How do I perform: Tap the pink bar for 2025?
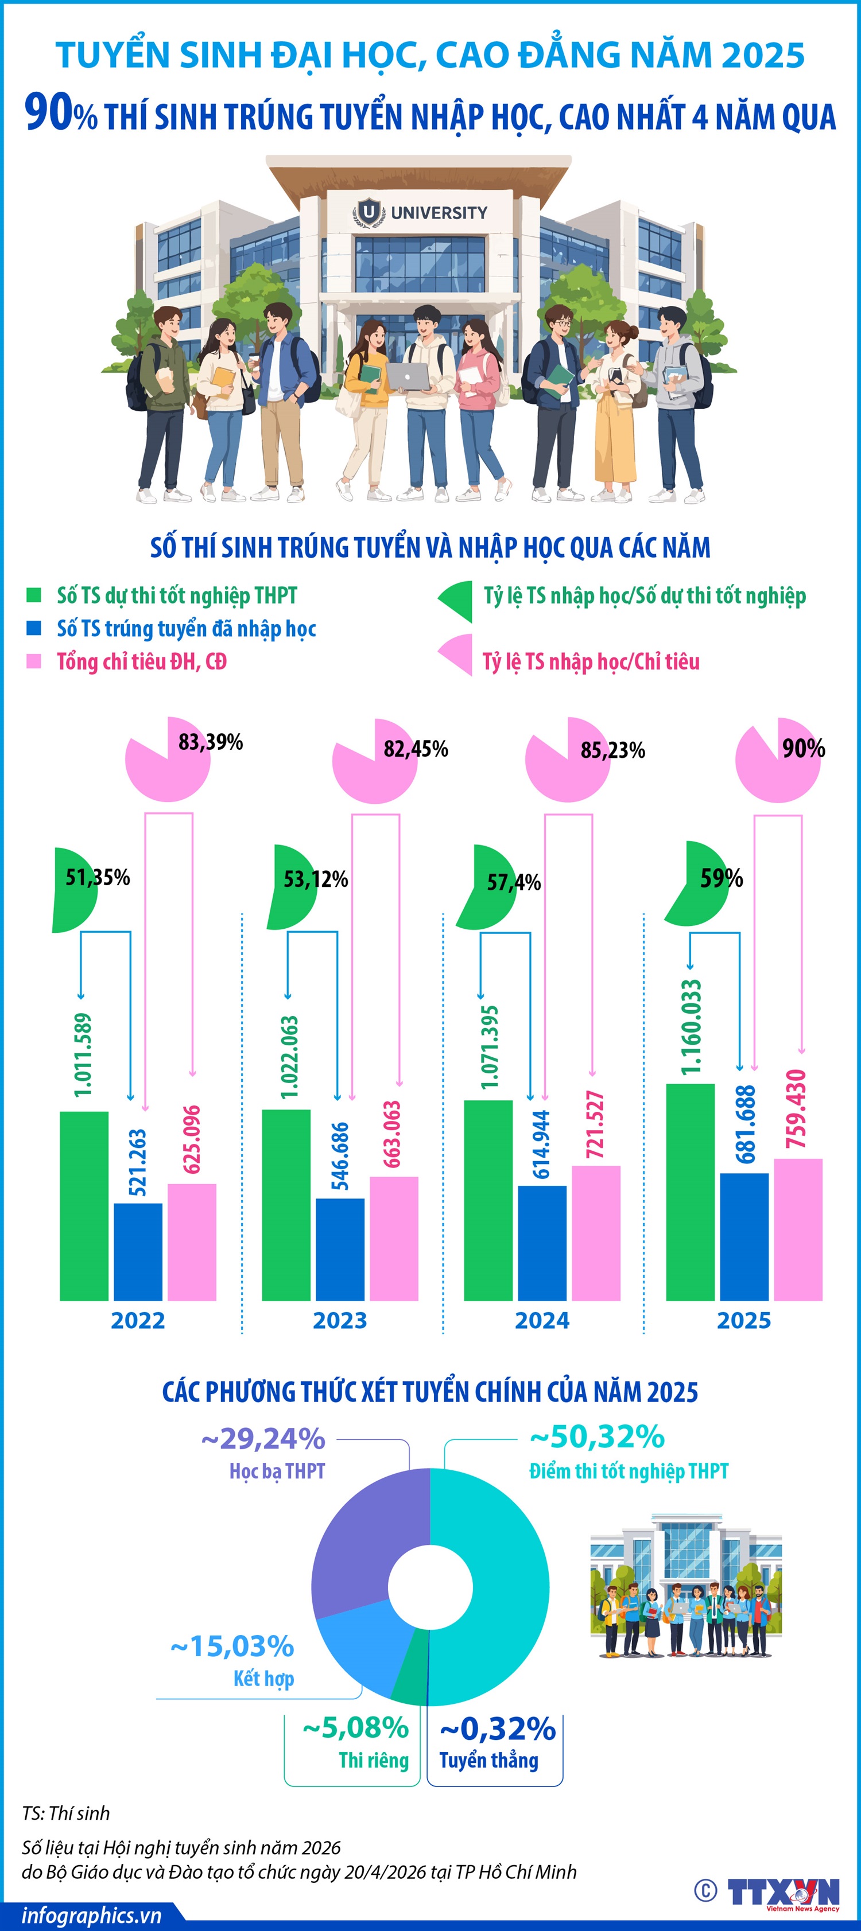click(x=798, y=1229)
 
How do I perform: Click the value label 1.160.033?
click(x=692, y=1026)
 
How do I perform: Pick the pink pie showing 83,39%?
click(x=166, y=761)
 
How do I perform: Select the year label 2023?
click(x=340, y=1320)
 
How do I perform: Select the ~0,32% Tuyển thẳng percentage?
click(x=497, y=1730)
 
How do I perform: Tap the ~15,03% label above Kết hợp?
click(x=232, y=1647)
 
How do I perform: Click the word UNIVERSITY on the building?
click(x=439, y=213)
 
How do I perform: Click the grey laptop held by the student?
click(x=409, y=376)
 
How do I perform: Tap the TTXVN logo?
click(x=783, y=1891)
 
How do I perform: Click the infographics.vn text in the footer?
click(x=91, y=1916)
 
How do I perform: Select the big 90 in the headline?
click(x=49, y=112)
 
